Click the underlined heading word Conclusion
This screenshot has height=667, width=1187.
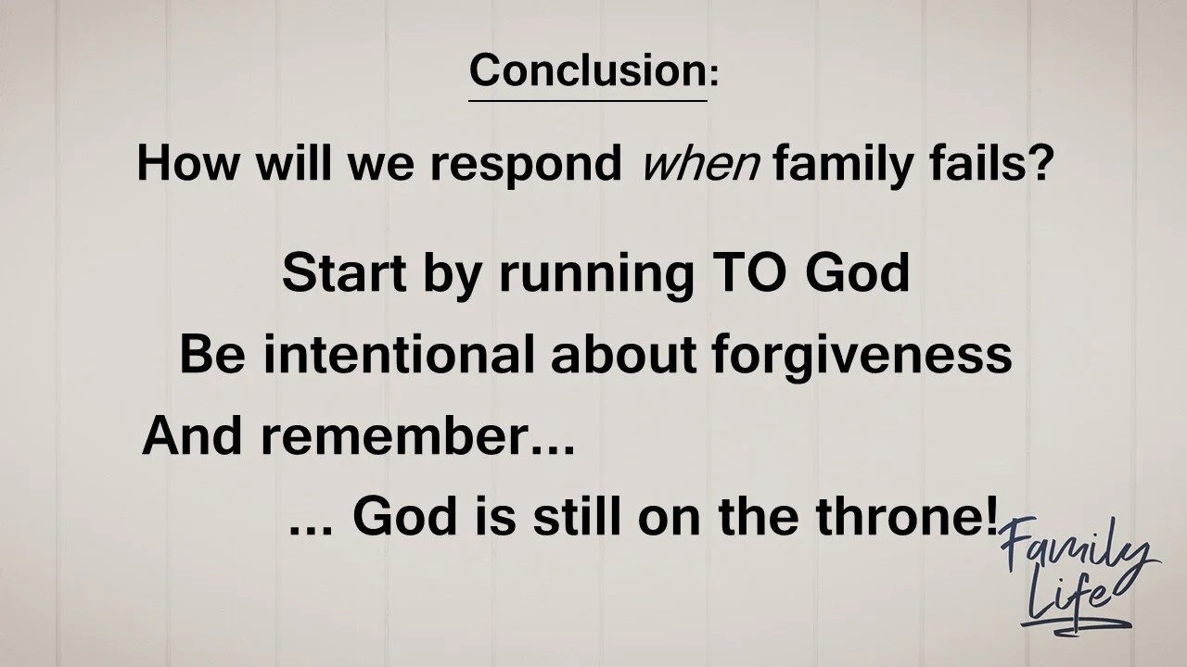[587, 69]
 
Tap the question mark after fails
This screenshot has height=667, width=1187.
[1040, 164]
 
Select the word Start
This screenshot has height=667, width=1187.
[338, 272]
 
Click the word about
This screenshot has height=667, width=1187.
[624, 354]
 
